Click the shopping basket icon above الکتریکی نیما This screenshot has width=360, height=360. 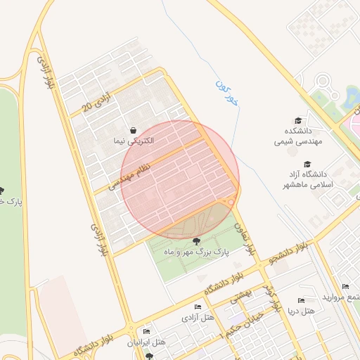coord(134,130)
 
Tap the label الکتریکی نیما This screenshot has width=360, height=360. coord(134,141)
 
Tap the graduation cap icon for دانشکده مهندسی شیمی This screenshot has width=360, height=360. coord(298,121)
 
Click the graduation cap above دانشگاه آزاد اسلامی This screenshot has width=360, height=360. coord(307,164)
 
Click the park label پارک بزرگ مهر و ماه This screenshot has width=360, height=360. coord(196,251)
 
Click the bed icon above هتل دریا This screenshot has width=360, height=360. coord(302,301)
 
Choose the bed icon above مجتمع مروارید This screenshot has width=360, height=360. coord(345,286)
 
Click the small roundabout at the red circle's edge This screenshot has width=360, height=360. coord(230,203)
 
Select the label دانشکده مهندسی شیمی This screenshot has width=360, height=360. coord(298,136)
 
